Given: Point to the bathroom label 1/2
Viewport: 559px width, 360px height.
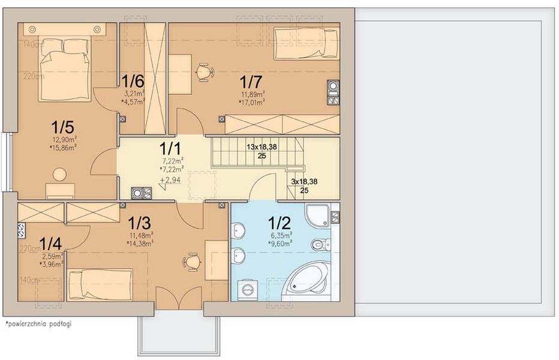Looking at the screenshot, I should (280, 223).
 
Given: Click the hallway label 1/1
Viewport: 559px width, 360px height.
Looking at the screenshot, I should (172, 148).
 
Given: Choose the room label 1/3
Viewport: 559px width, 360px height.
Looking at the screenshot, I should (140, 223).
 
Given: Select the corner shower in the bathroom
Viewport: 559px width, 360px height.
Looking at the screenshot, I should (320, 215).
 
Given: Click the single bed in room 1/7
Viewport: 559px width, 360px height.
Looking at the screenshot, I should (306, 43).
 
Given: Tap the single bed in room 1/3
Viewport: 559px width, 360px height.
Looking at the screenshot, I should (100, 281).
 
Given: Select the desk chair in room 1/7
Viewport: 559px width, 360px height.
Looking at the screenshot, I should (205, 71).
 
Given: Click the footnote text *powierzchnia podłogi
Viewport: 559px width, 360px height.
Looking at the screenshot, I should (38, 324).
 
